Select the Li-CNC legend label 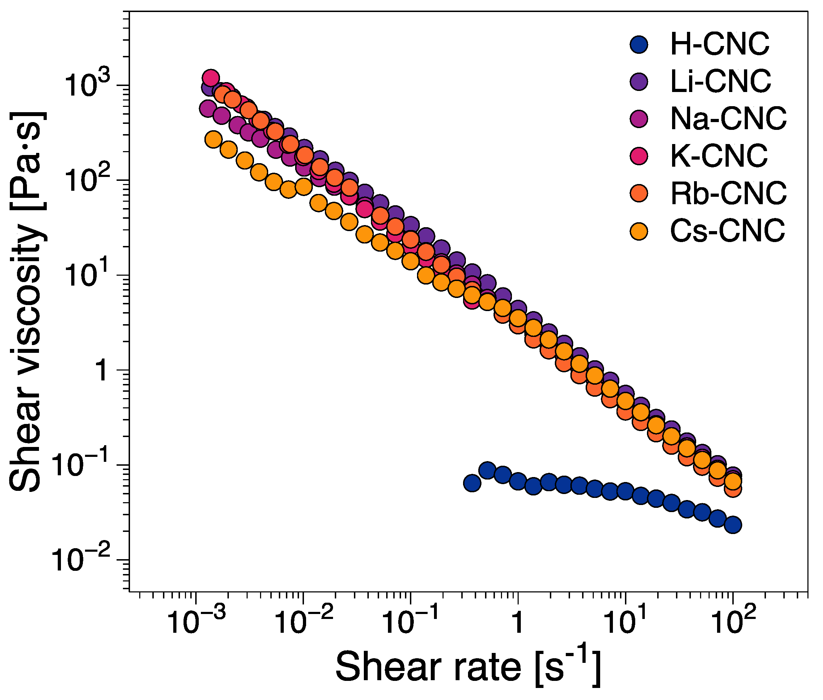coord(720,81)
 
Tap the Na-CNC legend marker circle coord(639,119)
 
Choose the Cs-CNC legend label coord(727,230)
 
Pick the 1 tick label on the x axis coord(518,622)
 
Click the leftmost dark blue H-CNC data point coord(472,483)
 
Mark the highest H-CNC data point coord(487,470)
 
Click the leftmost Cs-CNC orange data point coord(213,140)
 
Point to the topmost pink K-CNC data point coord(211,78)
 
